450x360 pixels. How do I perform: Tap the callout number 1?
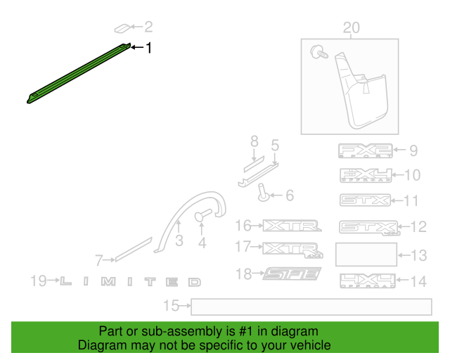(x=148, y=48)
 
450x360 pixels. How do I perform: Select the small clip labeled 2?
(x=122, y=28)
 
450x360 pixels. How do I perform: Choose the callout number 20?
(x=350, y=27)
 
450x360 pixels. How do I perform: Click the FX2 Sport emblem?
(x=364, y=150)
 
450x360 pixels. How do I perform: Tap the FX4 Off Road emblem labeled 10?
(x=364, y=175)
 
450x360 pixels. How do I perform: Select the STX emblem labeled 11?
(x=364, y=200)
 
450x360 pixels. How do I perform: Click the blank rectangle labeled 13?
(x=366, y=254)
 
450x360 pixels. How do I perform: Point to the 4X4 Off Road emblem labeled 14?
(x=366, y=281)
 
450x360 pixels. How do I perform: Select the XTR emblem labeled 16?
(x=290, y=226)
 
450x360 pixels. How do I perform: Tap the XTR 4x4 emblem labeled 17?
(x=293, y=248)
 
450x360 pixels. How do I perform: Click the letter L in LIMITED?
(x=65, y=282)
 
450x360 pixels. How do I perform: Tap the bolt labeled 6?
(x=262, y=193)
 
